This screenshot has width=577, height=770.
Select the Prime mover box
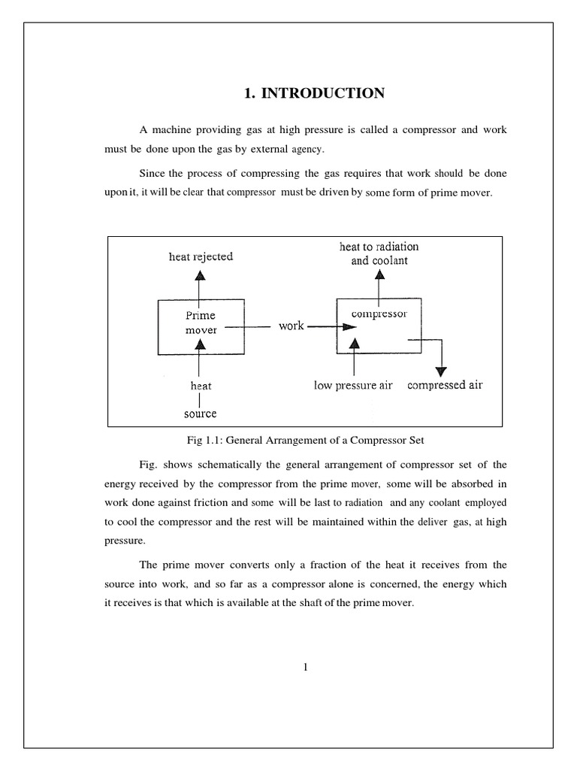pyautogui.click(x=200, y=327)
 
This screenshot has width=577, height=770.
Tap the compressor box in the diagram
pyautogui.click(x=379, y=326)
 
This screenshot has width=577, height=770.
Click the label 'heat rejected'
pyautogui.click(x=201, y=256)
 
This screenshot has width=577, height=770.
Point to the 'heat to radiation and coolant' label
pyautogui.click(x=379, y=253)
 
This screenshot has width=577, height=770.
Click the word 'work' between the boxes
pyautogui.click(x=292, y=326)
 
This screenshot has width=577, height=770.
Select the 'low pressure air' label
pyautogui.click(x=353, y=386)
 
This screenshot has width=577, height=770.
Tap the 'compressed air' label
pyautogui.click(x=445, y=385)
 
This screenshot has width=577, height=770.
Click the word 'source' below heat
pyautogui.click(x=200, y=414)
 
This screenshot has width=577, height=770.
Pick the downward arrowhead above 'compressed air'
pyautogui.click(x=442, y=371)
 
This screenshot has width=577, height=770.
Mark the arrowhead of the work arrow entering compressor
pyautogui.click(x=349, y=327)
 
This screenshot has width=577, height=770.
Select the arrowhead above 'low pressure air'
pyautogui.click(x=355, y=343)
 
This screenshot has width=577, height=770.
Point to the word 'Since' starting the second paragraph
pyautogui.click(x=153, y=173)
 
